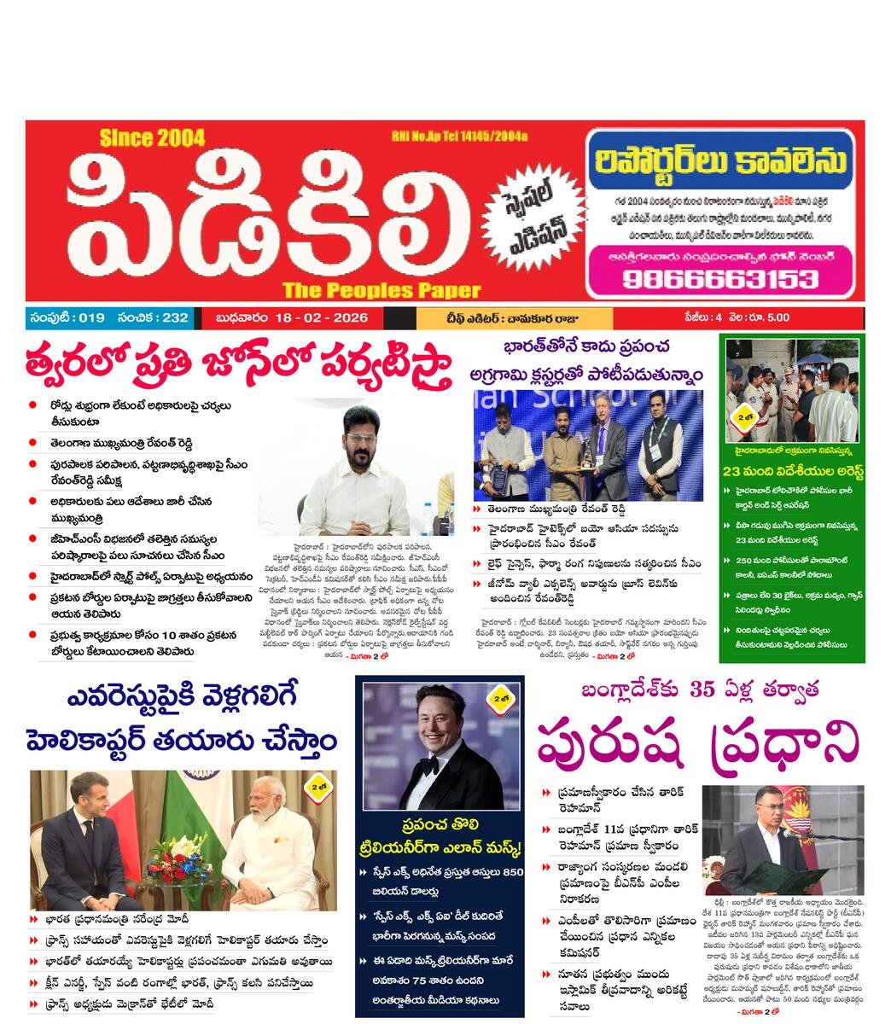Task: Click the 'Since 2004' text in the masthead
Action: (152, 138)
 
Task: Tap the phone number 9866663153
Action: (719, 278)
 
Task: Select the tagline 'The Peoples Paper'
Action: (381, 289)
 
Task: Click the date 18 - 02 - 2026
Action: (321, 318)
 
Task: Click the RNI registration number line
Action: (459, 137)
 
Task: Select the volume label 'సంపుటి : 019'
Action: (67, 318)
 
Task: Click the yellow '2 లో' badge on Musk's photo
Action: (499, 700)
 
